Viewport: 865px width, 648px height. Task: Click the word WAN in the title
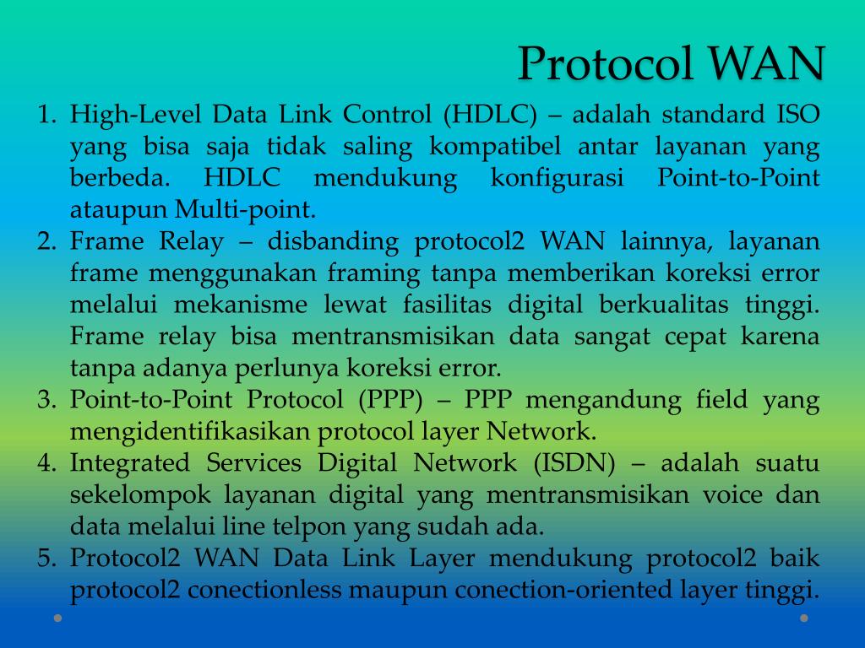pyautogui.click(x=766, y=63)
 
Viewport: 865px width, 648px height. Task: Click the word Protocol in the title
pyautogui.click(x=605, y=63)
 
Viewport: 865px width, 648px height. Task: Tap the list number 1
pyautogui.click(x=47, y=114)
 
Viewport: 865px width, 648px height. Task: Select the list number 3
pyautogui.click(x=47, y=399)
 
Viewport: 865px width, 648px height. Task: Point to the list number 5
pyautogui.click(x=47, y=558)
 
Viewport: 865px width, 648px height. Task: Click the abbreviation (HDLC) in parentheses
pyautogui.click(x=490, y=114)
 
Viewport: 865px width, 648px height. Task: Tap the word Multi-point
pyautogui.click(x=245, y=209)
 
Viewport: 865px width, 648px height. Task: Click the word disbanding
pyautogui.click(x=333, y=241)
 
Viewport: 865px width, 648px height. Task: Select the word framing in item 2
pyautogui.click(x=373, y=273)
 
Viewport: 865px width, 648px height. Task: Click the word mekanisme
pyautogui.click(x=241, y=304)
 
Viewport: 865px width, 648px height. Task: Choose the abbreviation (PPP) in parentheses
pyautogui.click(x=390, y=399)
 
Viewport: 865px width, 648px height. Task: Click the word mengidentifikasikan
pyautogui.click(x=190, y=431)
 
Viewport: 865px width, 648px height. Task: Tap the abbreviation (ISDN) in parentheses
pyautogui.click(x=574, y=463)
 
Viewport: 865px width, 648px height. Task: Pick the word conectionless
pyautogui.click(x=264, y=590)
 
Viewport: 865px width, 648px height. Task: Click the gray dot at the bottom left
pyautogui.click(x=57, y=618)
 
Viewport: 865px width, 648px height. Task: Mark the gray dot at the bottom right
pyautogui.click(x=804, y=618)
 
